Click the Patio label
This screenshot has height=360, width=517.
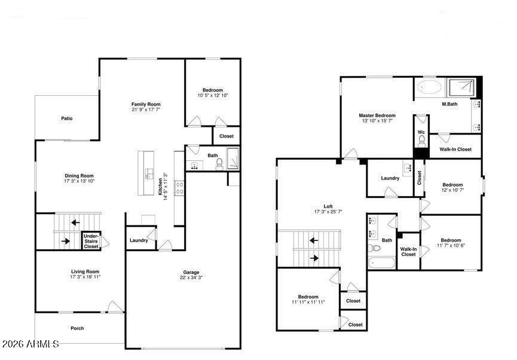coord(66,118)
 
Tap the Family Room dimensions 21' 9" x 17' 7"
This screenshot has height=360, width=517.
coord(146,109)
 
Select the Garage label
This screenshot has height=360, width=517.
coord(191,272)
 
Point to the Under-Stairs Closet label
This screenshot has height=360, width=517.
coord(91,241)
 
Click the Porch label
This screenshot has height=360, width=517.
coord(77,328)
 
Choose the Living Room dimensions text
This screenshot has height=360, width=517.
coord(85,277)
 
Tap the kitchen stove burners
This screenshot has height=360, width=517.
coord(180,188)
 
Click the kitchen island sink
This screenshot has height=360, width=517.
coord(149,173)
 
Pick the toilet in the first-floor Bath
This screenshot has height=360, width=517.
coord(219,164)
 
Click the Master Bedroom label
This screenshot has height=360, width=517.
coord(377,115)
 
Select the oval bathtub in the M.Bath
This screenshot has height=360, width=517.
coord(429,87)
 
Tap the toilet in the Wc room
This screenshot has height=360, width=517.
coord(421,142)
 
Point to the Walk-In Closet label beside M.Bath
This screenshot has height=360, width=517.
coord(455,149)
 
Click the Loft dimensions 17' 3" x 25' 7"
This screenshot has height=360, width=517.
coord(328,212)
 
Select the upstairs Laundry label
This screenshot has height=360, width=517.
coord(390,178)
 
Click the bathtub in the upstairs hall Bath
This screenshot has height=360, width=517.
coord(382,263)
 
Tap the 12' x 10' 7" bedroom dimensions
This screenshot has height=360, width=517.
coord(452,190)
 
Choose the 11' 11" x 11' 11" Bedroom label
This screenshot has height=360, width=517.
coord(308,297)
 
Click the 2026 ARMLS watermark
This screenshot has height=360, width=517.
coord(30,344)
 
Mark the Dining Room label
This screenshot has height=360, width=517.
coord(79,176)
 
